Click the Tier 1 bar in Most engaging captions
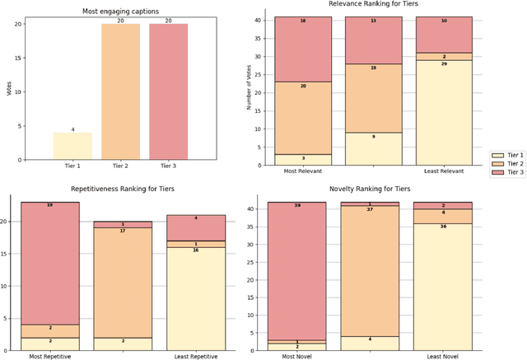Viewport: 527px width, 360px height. (x=72, y=146)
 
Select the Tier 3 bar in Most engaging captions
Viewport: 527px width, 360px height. (x=168, y=91)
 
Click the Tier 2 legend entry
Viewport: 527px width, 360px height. (x=506, y=163)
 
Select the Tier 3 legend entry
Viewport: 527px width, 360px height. (x=506, y=172)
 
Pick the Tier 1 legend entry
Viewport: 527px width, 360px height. (x=506, y=154)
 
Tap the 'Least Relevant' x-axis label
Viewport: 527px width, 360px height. (x=445, y=171)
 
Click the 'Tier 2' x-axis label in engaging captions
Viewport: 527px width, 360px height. (x=120, y=166)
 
